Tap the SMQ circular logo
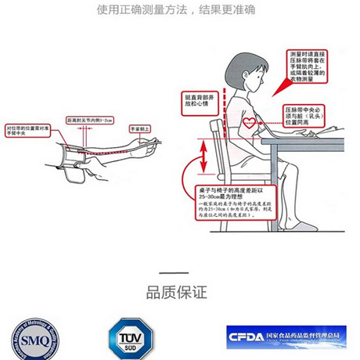point(28,338)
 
